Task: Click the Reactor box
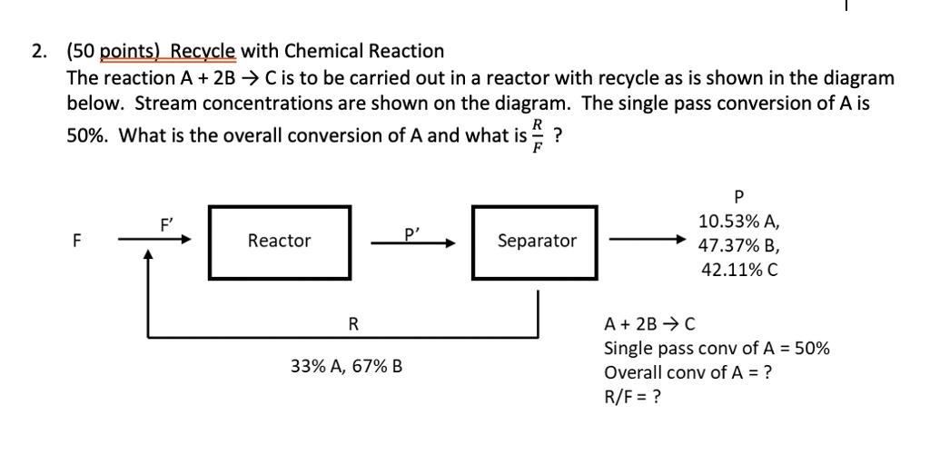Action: (279, 241)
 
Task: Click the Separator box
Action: (536, 241)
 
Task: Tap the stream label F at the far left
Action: (76, 242)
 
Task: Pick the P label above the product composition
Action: (737, 197)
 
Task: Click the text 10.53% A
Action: (737, 222)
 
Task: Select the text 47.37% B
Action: (737, 246)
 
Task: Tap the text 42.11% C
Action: (737, 270)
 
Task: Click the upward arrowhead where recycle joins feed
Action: (148, 259)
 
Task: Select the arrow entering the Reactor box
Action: (154, 241)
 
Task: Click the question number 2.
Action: (38, 51)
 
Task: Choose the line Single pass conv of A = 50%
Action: (716, 348)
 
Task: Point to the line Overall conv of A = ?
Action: (688, 371)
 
